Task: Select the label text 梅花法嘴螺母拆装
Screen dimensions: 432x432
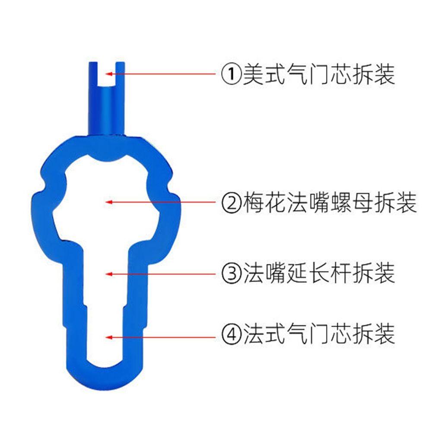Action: tap(329, 202)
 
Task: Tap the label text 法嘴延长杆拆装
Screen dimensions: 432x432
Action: tap(319, 273)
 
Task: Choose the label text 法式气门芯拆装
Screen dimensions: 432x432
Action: tap(319, 335)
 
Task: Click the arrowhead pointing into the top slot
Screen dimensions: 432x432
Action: tap(109, 74)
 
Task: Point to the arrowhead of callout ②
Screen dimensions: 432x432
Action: tap(109, 202)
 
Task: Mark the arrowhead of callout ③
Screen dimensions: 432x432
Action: tap(109, 273)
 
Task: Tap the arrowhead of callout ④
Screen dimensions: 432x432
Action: tap(109, 337)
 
